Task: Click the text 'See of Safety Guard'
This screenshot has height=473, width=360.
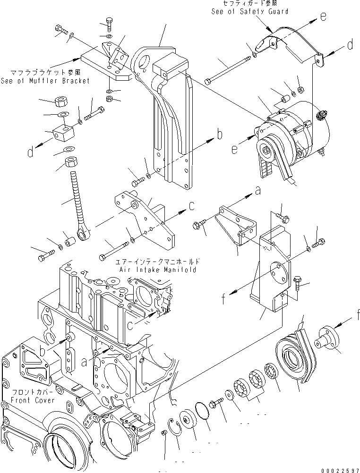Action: [x=249, y=11]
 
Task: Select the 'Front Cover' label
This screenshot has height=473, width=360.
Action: [x=32, y=400]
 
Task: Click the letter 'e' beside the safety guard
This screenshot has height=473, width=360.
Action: [x=323, y=17]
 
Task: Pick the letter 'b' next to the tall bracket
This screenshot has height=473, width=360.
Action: [x=219, y=135]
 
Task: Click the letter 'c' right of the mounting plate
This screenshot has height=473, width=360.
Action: [x=192, y=206]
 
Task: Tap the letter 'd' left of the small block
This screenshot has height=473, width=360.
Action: [x=30, y=152]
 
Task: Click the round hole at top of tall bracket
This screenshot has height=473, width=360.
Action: [x=144, y=63]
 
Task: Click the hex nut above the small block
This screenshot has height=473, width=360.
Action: [x=60, y=101]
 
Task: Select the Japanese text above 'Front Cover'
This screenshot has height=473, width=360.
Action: [x=32, y=391]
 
